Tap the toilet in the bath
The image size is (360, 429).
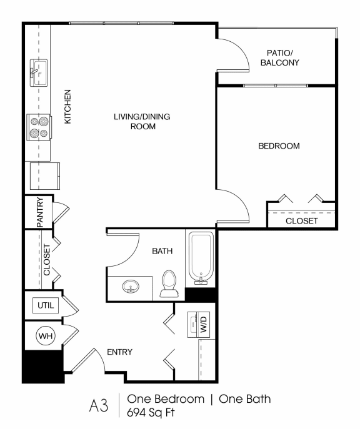click(x=169, y=284)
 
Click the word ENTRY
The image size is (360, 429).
click(x=119, y=352)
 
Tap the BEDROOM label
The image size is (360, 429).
click(x=279, y=146)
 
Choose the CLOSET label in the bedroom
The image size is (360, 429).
click(x=301, y=221)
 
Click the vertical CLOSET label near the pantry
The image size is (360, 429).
click(x=46, y=260)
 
